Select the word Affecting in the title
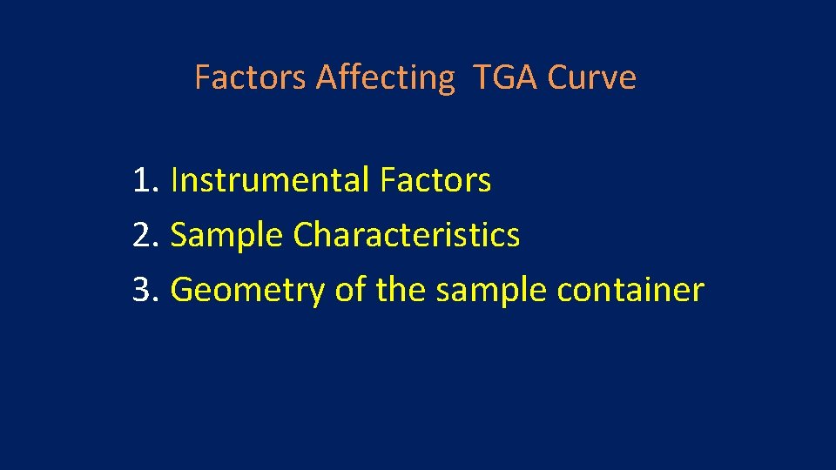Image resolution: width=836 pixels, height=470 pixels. pyautogui.click(x=385, y=77)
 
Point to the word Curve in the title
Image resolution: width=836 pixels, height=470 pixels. pyautogui.click(x=592, y=77)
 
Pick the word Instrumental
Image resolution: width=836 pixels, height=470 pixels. pyautogui.click(x=271, y=181)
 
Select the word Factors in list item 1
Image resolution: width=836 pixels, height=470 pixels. pyautogui.click(x=435, y=181)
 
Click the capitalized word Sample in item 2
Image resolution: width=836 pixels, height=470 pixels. pyautogui.click(x=226, y=235)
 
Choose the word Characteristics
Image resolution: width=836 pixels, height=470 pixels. pyautogui.click(x=407, y=235)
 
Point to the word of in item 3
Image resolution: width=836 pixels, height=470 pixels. pyautogui.click(x=349, y=289)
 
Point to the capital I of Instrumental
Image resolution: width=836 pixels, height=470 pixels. pyautogui.click(x=175, y=181)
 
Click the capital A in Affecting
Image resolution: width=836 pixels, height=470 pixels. pyautogui.click(x=327, y=77)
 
